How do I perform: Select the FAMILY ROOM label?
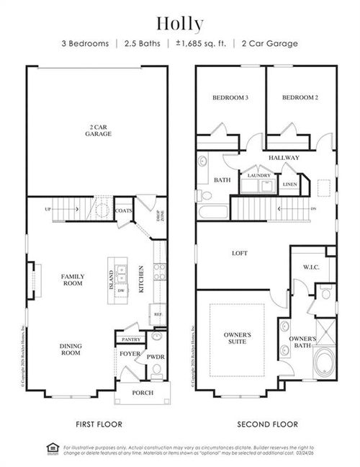(72, 280)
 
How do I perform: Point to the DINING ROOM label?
(70, 349)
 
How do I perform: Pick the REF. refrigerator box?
(156, 315)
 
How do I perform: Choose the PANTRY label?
(130, 339)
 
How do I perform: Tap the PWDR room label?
(156, 356)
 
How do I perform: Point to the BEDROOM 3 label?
(230, 97)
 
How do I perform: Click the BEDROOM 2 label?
(300, 97)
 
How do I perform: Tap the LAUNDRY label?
(258, 175)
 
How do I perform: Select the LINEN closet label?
(289, 184)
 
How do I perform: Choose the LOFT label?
(240, 253)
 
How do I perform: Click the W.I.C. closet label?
(311, 267)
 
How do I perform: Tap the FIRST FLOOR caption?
(99, 424)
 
